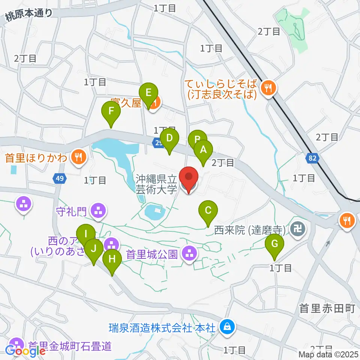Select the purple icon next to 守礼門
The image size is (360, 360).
[x=99, y=210]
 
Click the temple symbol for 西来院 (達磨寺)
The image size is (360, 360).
[x=299, y=229]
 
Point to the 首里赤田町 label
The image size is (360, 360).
[x=327, y=308]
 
